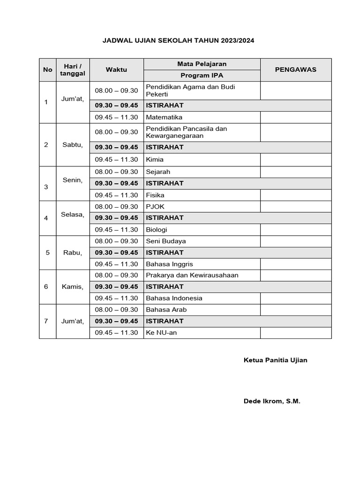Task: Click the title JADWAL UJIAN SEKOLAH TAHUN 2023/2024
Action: coord(179,41)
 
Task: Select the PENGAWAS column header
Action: coord(295,69)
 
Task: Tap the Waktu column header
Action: coord(116,69)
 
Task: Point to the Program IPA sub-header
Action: coord(202,75)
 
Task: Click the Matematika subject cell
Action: coord(164,117)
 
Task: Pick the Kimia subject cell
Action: coord(155,159)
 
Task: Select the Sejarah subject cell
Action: coord(158,172)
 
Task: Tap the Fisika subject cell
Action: coord(155,195)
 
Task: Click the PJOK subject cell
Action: coord(155,206)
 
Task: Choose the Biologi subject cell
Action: coord(157,230)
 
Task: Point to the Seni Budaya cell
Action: coord(166,241)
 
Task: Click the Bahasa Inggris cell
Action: coord(169,264)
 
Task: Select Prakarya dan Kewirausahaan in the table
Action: coord(192,275)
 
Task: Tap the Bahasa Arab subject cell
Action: coord(166,309)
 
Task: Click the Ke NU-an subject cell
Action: coord(162,333)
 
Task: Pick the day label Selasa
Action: coord(73,215)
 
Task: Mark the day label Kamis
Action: coord(73,287)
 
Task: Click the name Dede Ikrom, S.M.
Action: coord(272,401)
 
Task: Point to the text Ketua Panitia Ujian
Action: coord(276,360)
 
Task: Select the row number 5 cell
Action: coord(47,253)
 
